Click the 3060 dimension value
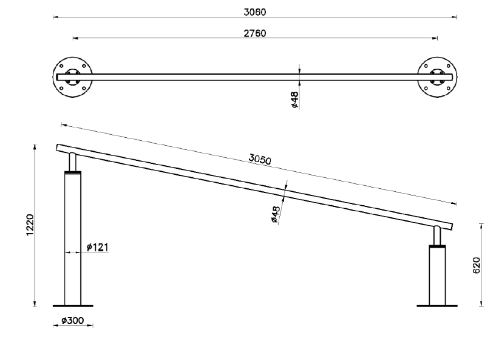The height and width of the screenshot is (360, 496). [256, 12]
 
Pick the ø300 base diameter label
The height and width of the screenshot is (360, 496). [72, 319]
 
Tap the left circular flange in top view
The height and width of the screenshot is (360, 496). [72, 77]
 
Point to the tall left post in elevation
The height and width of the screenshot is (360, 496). [72, 243]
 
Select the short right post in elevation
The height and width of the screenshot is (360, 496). [437, 276]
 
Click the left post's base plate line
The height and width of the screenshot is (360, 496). [73, 305]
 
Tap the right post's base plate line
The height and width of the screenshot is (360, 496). [437, 305]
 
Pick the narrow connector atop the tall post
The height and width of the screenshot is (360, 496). [72, 162]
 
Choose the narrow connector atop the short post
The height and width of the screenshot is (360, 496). [437, 235]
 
